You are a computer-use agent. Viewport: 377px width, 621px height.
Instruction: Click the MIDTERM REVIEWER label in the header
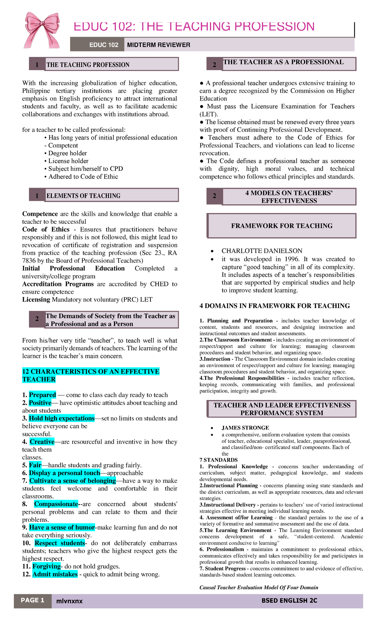click(159, 45)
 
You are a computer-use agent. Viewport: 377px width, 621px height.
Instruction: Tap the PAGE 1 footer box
click(33, 600)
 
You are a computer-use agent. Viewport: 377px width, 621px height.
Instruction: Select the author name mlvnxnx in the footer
click(69, 601)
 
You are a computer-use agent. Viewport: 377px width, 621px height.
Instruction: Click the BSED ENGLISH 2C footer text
click(289, 601)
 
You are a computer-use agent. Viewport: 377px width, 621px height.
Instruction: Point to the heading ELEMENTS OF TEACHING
click(84, 196)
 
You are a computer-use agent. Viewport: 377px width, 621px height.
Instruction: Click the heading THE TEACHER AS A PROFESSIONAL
click(283, 62)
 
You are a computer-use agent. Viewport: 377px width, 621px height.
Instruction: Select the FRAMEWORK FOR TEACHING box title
click(282, 226)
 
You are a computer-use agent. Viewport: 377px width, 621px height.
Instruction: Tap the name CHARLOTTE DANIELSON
click(262, 251)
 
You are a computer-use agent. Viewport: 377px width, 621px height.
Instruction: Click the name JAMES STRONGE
click(245, 428)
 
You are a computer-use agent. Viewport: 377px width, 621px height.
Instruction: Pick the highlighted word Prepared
click(42, 395)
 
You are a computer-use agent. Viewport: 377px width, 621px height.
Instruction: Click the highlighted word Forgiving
click(46, 566)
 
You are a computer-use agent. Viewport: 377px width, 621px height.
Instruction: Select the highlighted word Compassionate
click(56, 504)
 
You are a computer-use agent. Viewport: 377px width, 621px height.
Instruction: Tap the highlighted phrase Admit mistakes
click(55, 574)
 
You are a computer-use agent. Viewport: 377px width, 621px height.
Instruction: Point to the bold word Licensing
click(36, 300)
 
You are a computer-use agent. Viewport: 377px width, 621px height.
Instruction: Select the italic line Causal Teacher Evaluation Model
click(259, 587)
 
